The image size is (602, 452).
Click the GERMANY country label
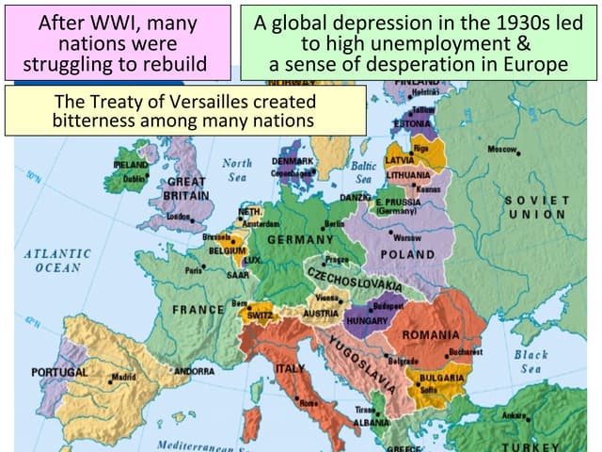point(300,240)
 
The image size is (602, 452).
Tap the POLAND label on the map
point(407,254)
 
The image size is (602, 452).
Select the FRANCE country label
point(198,309)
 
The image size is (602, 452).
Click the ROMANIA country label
point(431,335)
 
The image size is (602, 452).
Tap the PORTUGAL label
point(59,372)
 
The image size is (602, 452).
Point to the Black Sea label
point(531,362)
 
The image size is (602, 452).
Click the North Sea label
point(237,169)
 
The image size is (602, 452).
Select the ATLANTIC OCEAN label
point(57,260)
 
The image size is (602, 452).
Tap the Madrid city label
point(123,377)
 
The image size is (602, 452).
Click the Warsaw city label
point(407,237)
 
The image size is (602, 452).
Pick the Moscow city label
point(504,150)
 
